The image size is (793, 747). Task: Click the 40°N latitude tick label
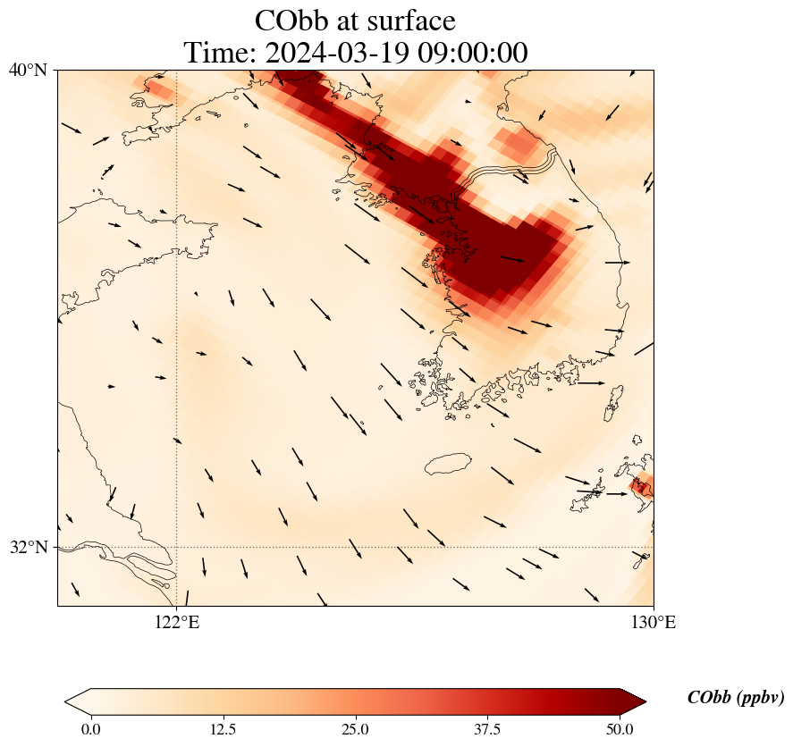(29, 70)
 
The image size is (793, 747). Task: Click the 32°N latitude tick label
(29, 547)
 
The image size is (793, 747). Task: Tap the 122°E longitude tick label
(177, 623)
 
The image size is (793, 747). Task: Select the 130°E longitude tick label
(654, 623)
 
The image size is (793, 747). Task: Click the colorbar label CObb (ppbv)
(736, 698)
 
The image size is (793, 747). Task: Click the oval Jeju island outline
(448, 464)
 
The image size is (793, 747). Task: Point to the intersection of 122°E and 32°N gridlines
(177, 547)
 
